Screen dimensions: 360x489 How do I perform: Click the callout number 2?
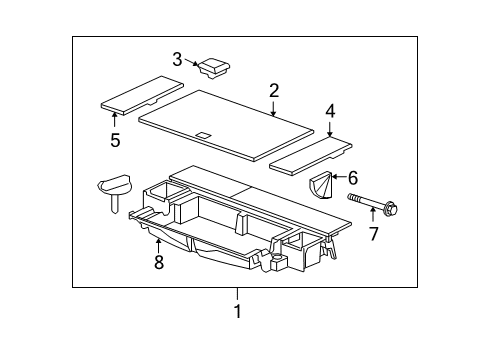pyautogui.click(x=274, y=91)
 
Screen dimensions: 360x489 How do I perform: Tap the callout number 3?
pyautogui.click(x=177, y=59)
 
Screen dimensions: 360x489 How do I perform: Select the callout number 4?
pyautogui.click(x=330, y=113)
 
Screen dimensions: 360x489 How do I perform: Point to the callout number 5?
pyautogui.click(x=115, y=139)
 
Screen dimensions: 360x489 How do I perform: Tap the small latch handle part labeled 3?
pyautogui.click(x=214, y=68)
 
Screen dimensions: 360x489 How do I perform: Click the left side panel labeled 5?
pyautogui.click(x=138, y=93)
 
